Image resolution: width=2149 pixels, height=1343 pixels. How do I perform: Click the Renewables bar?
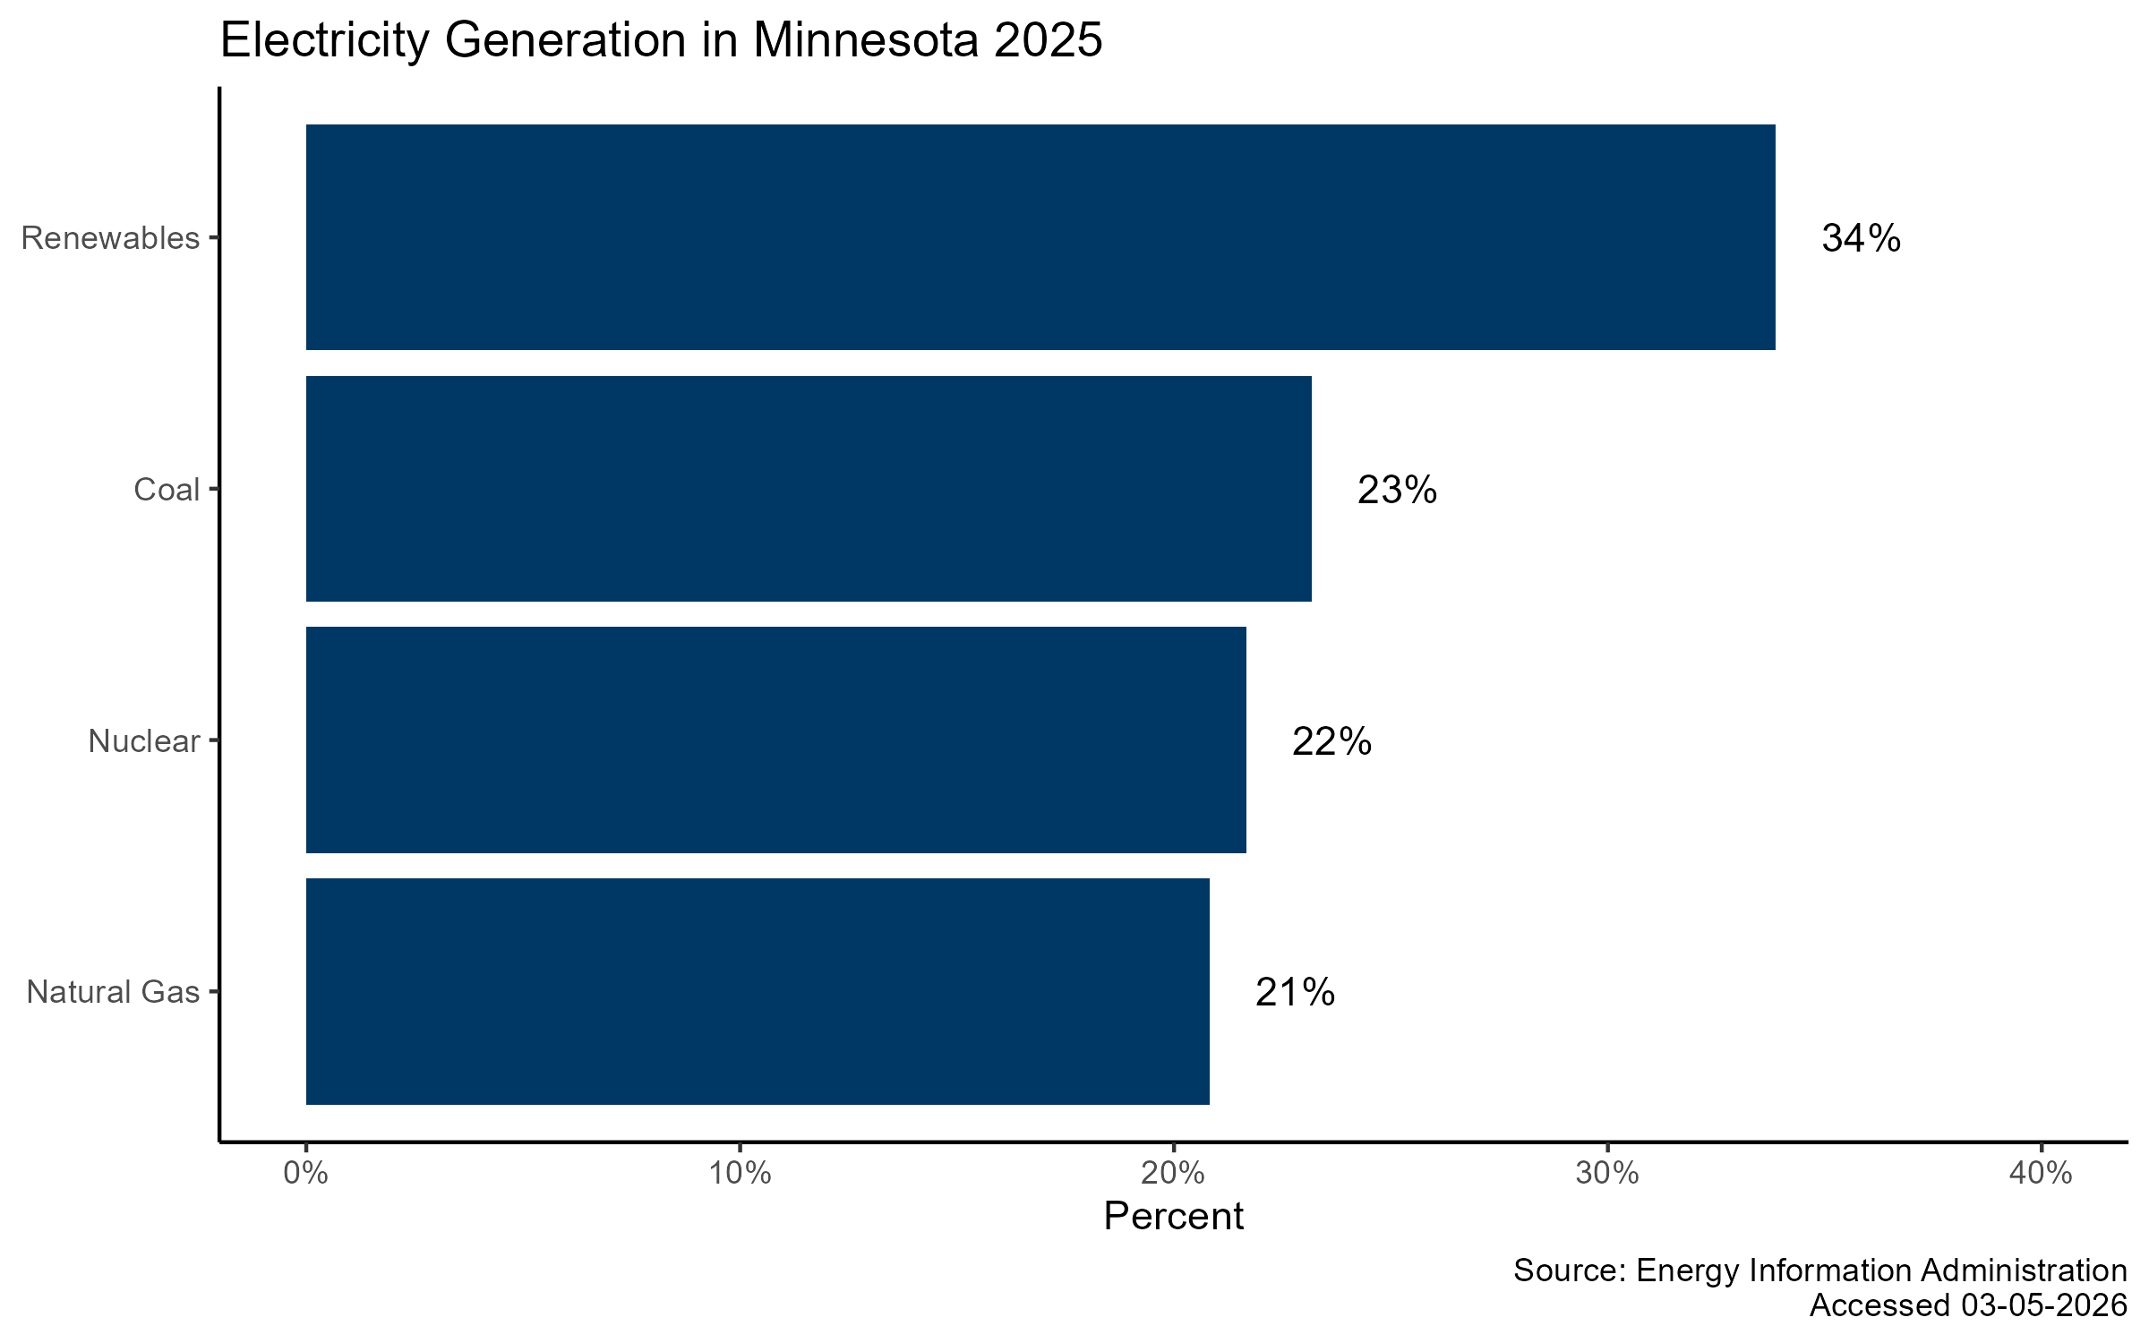(x=1040, y=237)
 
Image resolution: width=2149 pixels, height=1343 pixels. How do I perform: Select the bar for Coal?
(x=809, y=489)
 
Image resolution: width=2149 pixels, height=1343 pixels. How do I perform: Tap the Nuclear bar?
(x=775, y=740)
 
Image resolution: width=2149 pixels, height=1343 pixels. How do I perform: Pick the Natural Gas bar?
(x=758, y=991)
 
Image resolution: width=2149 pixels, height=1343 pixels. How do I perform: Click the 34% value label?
(x=1861, y=238)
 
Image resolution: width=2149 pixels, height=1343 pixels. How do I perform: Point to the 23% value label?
(x=1397, y=490)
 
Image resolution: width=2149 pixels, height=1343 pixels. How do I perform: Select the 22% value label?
(x=1331, y=741)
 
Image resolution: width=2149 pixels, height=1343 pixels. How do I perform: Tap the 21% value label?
(x=1295, y=992)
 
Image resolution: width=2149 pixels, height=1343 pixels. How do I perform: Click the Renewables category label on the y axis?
(x=110, y=238)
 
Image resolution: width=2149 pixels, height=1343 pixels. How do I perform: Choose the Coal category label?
(x=167, y=490)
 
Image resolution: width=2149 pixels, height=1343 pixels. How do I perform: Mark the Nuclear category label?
(x=143, y=741)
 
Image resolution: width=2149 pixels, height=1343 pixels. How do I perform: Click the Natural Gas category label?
(x=113, y=992)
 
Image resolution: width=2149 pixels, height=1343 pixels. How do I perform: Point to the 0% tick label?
(x=305, y=1173)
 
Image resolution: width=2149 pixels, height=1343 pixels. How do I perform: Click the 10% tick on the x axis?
(x=740, y=1173)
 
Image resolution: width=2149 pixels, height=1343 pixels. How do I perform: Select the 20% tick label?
(x=1173, y=1173)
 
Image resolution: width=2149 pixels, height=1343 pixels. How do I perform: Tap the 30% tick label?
(x=1607, y=1173)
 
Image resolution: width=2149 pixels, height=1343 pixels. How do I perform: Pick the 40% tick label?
(x=2041, y=1173)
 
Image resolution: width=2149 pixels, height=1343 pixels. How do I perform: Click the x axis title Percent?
(x=1173, y=1216)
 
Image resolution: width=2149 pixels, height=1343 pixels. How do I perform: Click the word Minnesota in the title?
(x=866, y=40)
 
